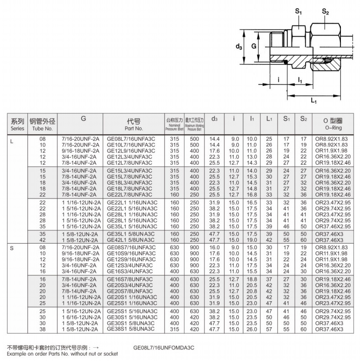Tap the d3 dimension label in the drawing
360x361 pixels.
tap(238, 47)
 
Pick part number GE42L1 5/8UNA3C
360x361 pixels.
tap(130, 240)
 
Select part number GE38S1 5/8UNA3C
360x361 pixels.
tap(130, 328)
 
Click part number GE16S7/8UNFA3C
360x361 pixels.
tap(130, 279)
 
